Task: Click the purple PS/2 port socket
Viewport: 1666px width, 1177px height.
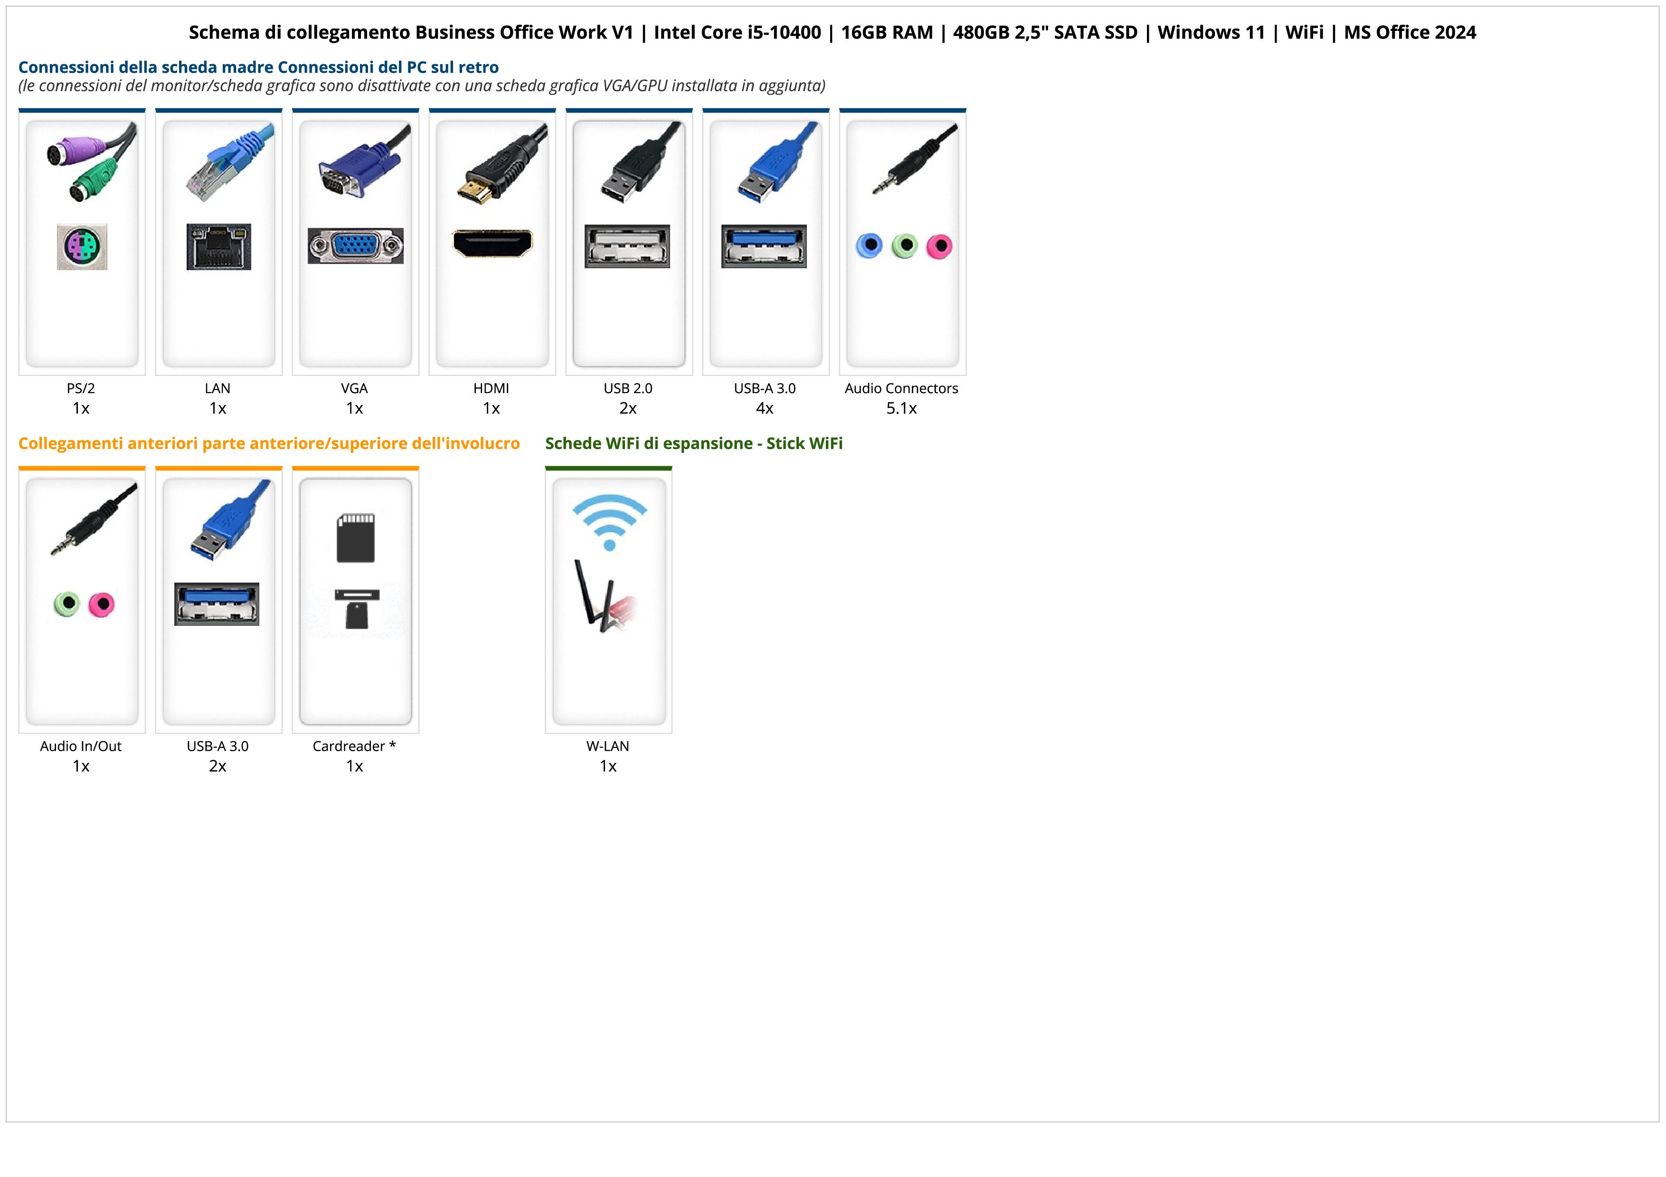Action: pyautogui.click(x=82, y=247)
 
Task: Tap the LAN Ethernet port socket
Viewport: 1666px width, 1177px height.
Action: pyautogui.click(x=218, y=246)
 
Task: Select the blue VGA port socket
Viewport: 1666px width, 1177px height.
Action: pyautogui.click(x=356, y=246)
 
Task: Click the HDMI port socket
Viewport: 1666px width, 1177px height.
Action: pyautogui.click(x=492, y=244)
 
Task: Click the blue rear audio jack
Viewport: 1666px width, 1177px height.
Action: pyautogui.click(x=869, y=246)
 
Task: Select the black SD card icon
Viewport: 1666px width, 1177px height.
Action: pyautogui.click(x=356, y=538)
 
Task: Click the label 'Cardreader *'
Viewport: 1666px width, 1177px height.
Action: pyautogui.click(x=354, y=746)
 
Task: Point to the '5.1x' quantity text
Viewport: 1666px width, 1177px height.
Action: pyautogui.click(x=901, y=408)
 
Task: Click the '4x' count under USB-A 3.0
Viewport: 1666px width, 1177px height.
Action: pyautogui.click(x=765, y=408)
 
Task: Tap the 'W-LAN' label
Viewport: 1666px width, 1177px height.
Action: pyautogui.click(x=608, y=746)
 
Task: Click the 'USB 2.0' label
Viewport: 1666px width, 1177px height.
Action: pyautogui.click(x=628, y=389)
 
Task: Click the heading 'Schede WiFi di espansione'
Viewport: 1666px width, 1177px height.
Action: pyautogui.click(x=649, y=444)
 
